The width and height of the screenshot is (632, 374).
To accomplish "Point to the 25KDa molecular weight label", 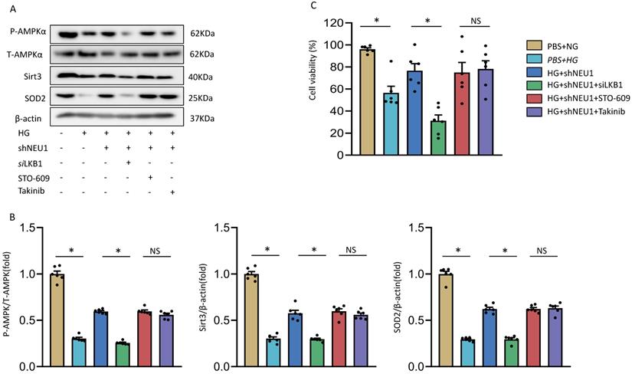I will (x=201, y=97).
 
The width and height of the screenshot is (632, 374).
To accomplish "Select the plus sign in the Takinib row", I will (x=175, y=189).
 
